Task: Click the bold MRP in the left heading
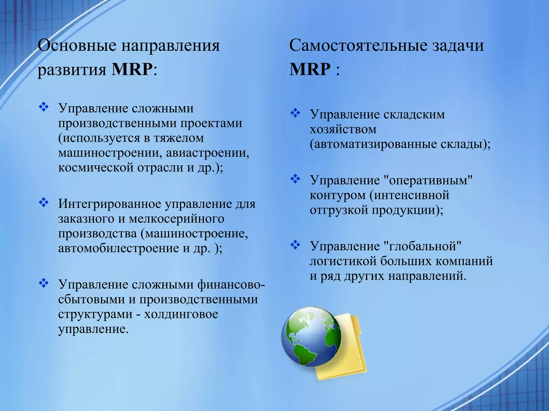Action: click(x=132, y=69)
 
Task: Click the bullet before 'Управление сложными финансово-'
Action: click(x=43, y=283)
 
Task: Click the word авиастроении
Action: click(x=207, y=153)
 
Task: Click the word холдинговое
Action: click(x=181, y=314)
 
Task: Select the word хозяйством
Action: click(x=343, y=129)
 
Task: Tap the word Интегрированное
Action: click(x=110, y=204)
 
